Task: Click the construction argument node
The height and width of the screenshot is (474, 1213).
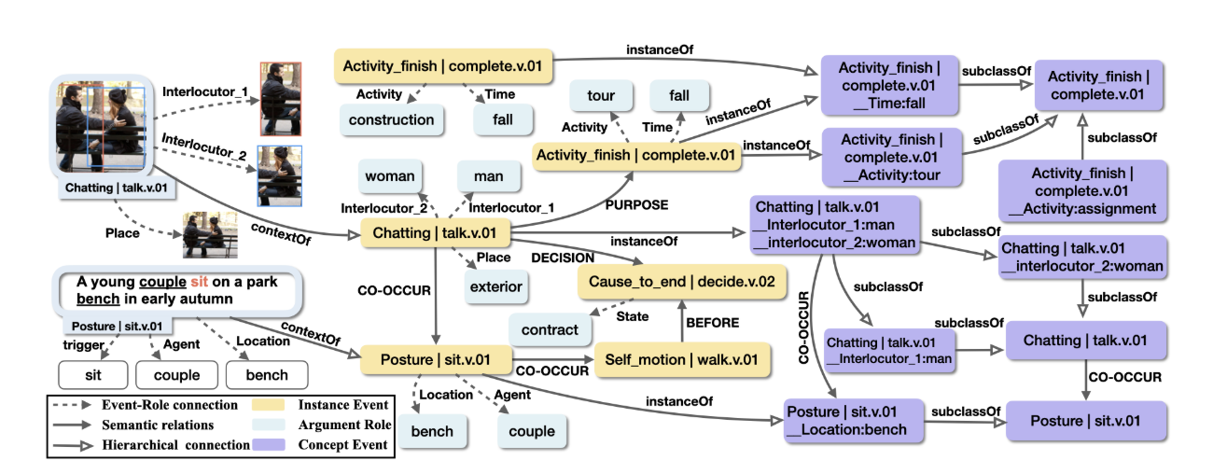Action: pyautogui.click(x=391, y=119)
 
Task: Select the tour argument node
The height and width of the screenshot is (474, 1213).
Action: pyautogui.click(x=601, y=97)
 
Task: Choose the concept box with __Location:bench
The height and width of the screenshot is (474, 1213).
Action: pyautogui.click(x=853, y=421)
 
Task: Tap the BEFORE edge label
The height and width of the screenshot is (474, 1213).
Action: pyautogui.click(x=714, y=323)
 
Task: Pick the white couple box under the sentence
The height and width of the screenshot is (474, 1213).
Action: pyautogui.click(x=176, y=375)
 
